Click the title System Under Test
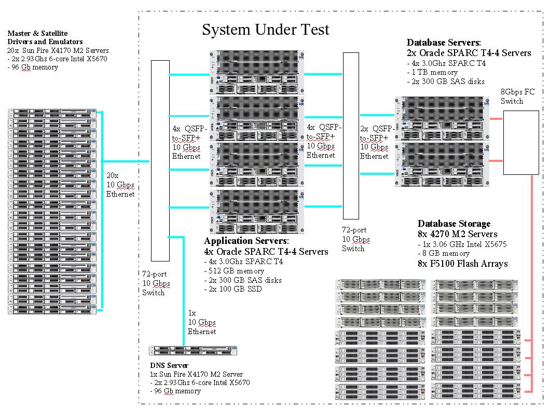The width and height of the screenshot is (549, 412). coord(265,30)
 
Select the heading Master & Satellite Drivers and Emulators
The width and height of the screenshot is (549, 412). coord(45,37)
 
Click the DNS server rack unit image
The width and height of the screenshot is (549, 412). coord(193,351)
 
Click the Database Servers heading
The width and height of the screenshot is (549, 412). coord(444,43)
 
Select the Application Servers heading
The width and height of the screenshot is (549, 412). coord(246,241)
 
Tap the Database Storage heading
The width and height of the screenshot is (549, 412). coord(454,224)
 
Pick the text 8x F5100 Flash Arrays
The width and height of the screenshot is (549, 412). coord(462,264)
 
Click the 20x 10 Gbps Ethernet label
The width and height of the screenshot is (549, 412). coord(120,184)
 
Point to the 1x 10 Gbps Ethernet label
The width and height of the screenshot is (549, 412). coord(201,322)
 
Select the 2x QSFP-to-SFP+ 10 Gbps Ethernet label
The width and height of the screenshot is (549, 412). coord(374,142)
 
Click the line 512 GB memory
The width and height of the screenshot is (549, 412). coord(235,270)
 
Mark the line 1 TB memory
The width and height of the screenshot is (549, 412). coord(433,72)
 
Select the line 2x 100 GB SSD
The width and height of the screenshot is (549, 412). coord(232,289)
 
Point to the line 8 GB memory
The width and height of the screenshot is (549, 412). coord(444,254)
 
